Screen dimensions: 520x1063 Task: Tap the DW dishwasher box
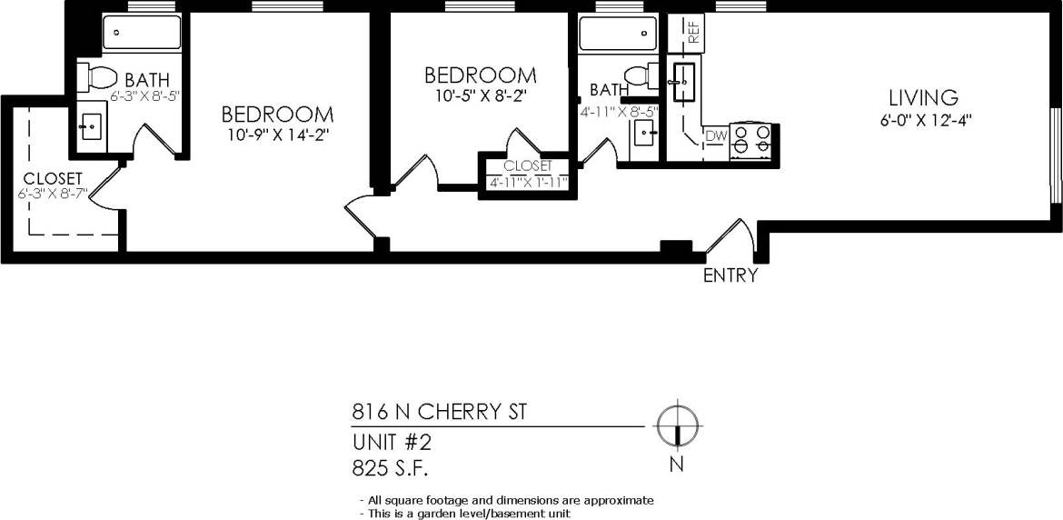coord(716,136)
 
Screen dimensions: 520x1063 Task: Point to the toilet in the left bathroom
coord(96,77)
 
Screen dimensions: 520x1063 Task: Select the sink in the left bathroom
coord(91,125)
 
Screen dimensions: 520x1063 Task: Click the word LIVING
coord(923,97)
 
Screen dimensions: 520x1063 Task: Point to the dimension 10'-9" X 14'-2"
coord(277,135)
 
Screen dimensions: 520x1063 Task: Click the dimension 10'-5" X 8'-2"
coord(481,94)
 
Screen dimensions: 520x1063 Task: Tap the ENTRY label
coord(730,275)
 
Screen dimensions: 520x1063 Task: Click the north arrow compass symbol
coord(677,425)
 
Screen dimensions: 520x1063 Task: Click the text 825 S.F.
coord(390,468)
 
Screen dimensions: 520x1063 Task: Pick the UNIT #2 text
coord(392,442)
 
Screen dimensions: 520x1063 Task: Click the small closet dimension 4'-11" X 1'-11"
coord(527,182)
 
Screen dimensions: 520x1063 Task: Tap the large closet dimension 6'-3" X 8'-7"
coord(53,194)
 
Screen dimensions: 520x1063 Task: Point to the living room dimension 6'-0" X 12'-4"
coord(923,119)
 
